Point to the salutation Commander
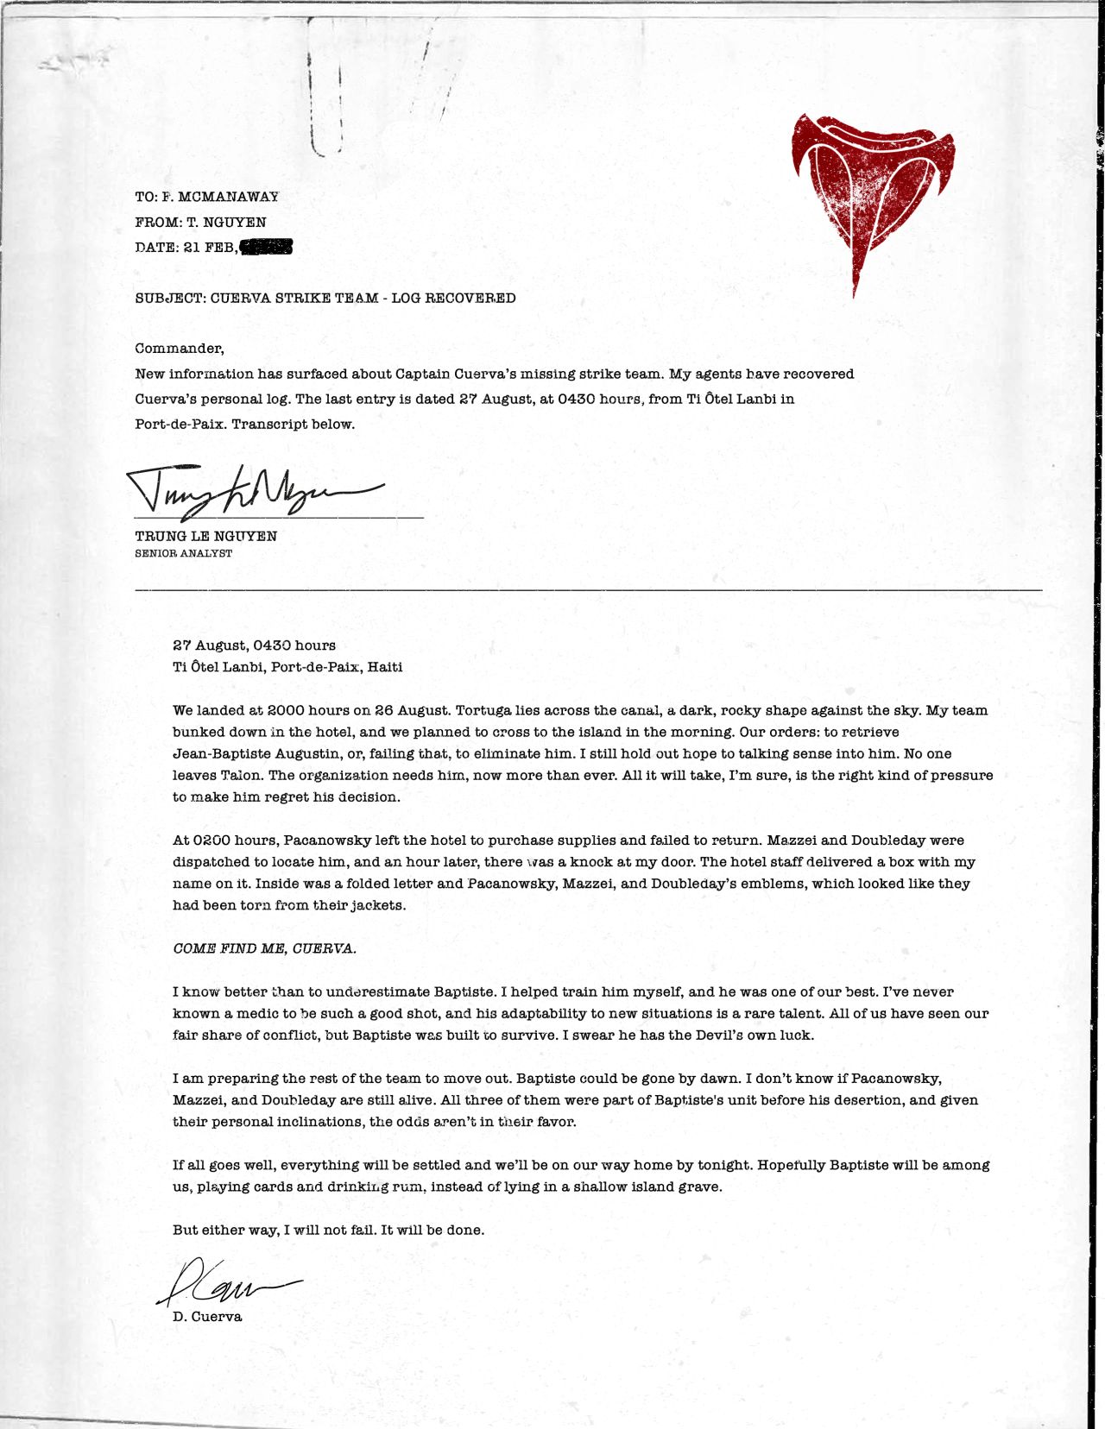179,349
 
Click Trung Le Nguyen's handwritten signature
250,492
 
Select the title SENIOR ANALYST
183,553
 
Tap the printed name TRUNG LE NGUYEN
205,536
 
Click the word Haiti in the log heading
385,667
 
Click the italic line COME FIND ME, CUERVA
264,948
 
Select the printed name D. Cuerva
207,1317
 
